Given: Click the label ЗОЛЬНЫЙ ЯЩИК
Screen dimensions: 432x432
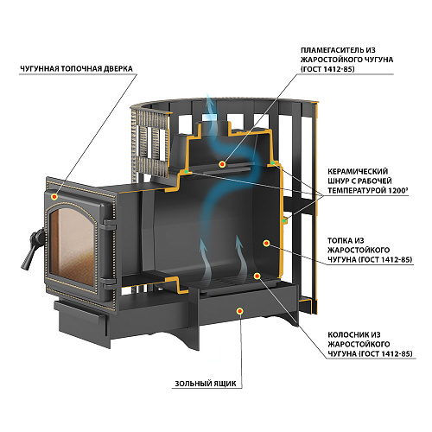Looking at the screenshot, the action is pos(206,384).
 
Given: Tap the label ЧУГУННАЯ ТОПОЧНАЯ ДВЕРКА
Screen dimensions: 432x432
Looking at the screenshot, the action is pos(76,69).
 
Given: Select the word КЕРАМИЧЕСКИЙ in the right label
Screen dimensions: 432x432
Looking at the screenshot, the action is pos(358,171).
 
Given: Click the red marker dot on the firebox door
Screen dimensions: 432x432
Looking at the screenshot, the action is pos(54,197).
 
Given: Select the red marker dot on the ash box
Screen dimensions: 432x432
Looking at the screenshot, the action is pos(239,311).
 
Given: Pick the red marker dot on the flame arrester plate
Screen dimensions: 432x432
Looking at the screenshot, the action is pos(222,164).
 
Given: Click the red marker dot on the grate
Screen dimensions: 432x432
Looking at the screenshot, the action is pos(257,276).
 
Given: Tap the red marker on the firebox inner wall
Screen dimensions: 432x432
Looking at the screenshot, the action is pos(266,244).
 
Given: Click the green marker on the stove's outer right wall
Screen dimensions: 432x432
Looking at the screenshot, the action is pos(284,221).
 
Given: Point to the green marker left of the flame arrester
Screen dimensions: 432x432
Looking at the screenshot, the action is pos(187,172).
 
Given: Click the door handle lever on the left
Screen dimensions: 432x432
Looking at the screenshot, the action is pos(32,250).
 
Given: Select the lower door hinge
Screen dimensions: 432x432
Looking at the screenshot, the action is pos(109,283).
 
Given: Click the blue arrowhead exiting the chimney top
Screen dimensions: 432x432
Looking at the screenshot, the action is pos(210,100).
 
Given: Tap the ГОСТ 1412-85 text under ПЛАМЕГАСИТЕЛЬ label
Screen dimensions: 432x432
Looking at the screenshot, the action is pos(327,69).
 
